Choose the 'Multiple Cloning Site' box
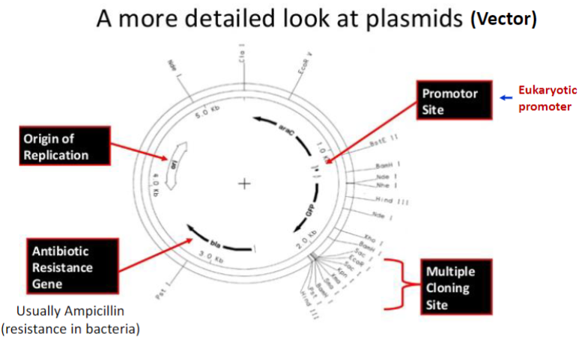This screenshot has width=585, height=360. pyautogui.click(x=455, y=287)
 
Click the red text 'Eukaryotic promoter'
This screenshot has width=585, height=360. pyautogui.click(x=548, y=98)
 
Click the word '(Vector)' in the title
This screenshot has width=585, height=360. pyautogui.click(x=503, y=19)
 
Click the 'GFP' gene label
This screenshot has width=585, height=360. pyautogui.click(x=310, y=212)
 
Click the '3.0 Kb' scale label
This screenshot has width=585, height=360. pyautogui.click(x=212, y=258)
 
